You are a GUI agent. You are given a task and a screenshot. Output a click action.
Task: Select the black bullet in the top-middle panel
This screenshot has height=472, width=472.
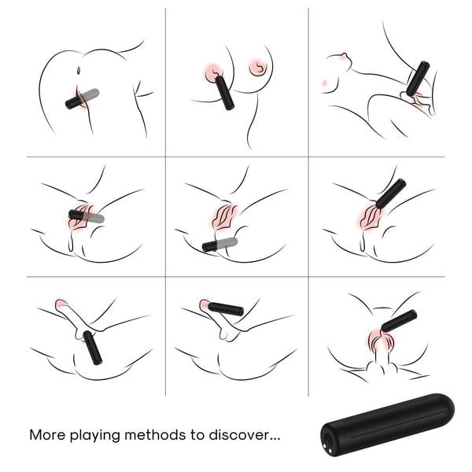pyautogui.click(x=224, y=92)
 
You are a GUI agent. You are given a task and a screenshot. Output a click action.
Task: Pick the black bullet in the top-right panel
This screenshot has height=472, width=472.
pyautogui.click(x=418, y=79)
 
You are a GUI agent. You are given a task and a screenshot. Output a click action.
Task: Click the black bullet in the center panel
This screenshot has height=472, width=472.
pyautogui.click(x=210, y=245)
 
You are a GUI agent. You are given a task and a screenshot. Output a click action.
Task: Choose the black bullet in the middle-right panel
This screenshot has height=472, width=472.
pyautogui.click(x=390, y=194)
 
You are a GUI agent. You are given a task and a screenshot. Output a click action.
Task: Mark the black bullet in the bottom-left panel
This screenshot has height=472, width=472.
pyautogui.click(x=93, y=348)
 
